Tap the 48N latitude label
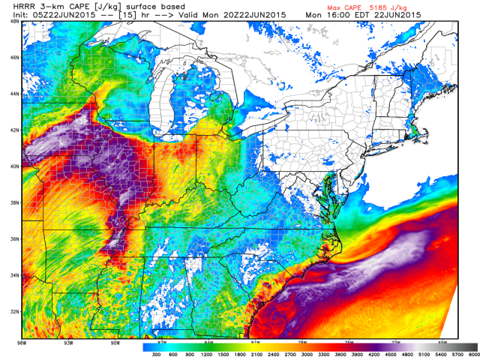click(x=14, y=22)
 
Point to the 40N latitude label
click(x=14, y=166)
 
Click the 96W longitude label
click(x=28, y=343)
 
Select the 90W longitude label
click(x=115, y=343)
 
